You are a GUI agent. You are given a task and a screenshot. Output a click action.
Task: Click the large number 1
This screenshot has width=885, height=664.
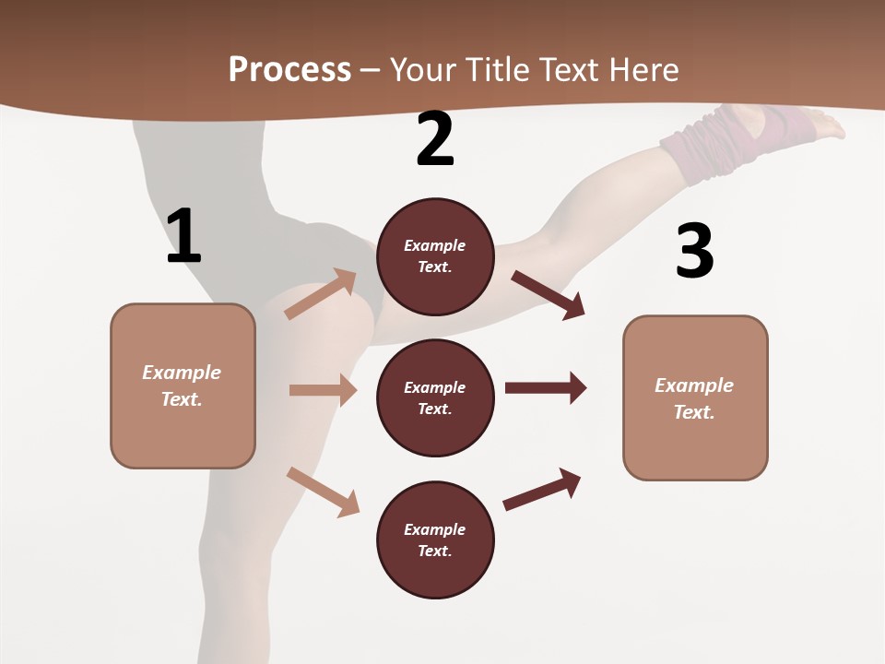(183, 237)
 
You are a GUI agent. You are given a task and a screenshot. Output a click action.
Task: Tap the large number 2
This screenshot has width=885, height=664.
(435, 139)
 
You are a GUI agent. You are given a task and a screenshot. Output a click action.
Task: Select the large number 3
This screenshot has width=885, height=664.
(694, 252)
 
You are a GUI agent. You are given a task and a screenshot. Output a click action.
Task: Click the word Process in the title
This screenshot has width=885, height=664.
(289, 69)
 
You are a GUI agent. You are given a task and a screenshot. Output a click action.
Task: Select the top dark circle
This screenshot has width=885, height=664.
(435, 256)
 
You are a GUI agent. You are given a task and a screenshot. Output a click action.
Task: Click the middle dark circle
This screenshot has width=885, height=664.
(435, 397)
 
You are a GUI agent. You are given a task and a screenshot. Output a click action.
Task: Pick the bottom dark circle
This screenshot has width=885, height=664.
(435, 539)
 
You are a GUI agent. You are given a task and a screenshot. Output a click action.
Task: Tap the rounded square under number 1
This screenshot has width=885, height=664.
(183, 385)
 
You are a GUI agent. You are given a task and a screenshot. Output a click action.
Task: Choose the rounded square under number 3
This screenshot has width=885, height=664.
(694, 397)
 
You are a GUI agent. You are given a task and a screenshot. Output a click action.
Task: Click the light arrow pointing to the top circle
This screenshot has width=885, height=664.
(321, 294)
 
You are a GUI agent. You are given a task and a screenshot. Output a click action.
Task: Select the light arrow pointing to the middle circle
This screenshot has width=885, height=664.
(323, 390)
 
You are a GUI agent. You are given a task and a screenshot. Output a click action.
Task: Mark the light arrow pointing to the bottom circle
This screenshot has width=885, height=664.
(323, 492)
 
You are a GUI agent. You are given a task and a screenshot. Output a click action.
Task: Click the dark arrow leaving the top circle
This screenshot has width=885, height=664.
(548, 294)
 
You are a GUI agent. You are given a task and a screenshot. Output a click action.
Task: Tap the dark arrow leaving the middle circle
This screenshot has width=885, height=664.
(545, 387)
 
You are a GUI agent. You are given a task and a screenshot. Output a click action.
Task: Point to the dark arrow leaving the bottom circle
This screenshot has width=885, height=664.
(542, 489)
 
